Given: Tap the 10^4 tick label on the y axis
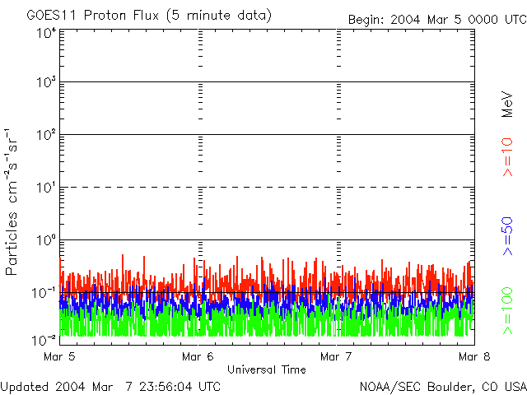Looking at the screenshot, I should click(x=45, y=33).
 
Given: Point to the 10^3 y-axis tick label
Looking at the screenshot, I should click(x=45, y=82).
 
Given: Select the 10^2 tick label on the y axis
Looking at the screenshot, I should click(x=45, y=134).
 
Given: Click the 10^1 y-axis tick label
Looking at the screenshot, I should click(x=45, y=187).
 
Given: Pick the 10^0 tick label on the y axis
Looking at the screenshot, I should click(x=45, y=239).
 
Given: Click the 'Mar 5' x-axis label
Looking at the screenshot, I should click(x=59, y=356).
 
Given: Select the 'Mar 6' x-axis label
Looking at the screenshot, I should click(x=198, y=356).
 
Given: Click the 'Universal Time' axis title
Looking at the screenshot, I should click(x=267, y=369).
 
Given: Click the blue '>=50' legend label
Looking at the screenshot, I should click(x=508, y=234).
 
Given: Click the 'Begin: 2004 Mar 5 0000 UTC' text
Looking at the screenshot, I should click(x=436, y=19).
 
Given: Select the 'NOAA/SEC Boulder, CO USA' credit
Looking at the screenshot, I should click(x=442, y=385).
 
